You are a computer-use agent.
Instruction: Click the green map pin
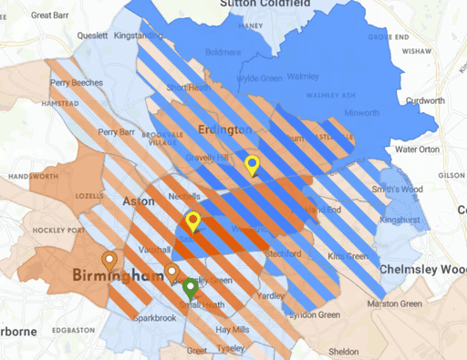[x=190, y=289]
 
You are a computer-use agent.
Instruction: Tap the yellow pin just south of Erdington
[x=253, y=165]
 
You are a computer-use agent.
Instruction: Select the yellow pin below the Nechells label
[x=192, y=221]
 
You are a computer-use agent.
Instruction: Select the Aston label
[x=137, y=200]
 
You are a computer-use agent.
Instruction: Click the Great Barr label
[x=53, y=15]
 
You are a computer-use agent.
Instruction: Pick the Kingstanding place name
[x=136, y=36]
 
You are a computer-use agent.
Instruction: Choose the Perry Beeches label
[x=77, y=83]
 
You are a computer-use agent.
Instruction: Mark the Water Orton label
[x=417, y=149]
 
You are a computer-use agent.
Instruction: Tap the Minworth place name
[x=362, y=114]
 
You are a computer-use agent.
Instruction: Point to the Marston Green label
[x=395, y=303]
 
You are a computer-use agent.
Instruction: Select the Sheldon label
[x=343, y=351]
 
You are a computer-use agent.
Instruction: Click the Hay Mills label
[x=233, y=328]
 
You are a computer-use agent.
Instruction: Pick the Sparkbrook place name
[x=152, y=319]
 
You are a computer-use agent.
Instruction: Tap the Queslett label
[x=92, y=36]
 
